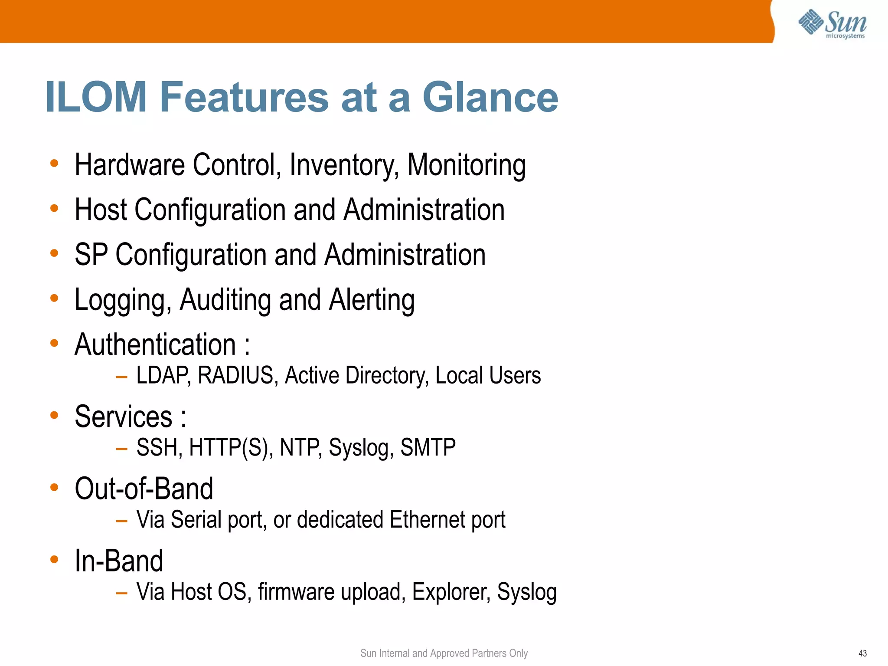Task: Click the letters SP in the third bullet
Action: [x=91, y=255]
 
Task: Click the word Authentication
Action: [x=155, y=345]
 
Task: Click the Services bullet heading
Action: [x=124, y=417]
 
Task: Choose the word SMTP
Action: [x=428, y=448]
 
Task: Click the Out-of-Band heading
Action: [x=144, y=489]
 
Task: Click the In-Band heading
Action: [x=119, y=561]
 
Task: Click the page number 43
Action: [x=862, y=653]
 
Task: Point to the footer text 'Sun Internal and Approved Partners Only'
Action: [x=444, y=653]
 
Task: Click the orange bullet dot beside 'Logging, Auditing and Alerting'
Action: [x=54, y=298]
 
